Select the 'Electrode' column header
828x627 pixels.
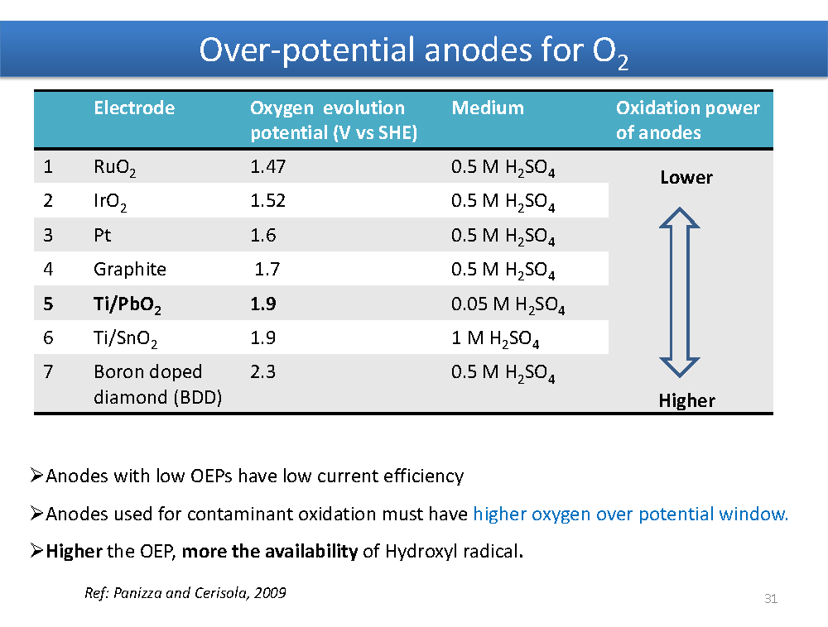pyautogui.click(x=134, y=108)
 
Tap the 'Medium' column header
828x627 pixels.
pyautogui.click(x=488, y=108)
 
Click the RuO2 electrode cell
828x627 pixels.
pyautogui.click(x=114, y=168)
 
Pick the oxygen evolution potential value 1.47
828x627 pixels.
pyautogui.click(x=267, y=166)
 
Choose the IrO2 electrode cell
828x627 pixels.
pyautogui.click(x=110, y=202)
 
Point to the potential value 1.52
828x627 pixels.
pyautogui.click(x=267, y=200)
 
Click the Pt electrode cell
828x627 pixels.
pyautogui.click(x=103, y=235)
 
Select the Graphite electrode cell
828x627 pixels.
pyautogui.click(x=130, y=270)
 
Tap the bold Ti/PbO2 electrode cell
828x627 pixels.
pyautogui.click(x=128, y=304)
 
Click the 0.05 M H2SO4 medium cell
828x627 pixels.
pyautogui.click(x=508, y=304)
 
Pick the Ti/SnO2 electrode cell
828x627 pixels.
pyautogui.click(x=126, y=338)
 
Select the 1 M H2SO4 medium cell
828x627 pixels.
pyautogui.click(x=495, y=338)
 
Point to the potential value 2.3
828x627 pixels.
pyautogui.click(x=263, y=371)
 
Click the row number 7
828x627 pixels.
pyautogui.click(x=48, y=371)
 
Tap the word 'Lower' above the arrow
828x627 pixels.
pyautogui.click(x=686, y=177)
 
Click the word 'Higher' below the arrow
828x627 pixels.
pyautogui.click(x=687, y=401)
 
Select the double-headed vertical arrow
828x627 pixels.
pyautogui.click(x=680, y=292)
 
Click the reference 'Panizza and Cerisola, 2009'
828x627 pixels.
pyautogui.click(x=200, y=593)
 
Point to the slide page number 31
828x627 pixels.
pyautogui.click(x=771, y=599)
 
